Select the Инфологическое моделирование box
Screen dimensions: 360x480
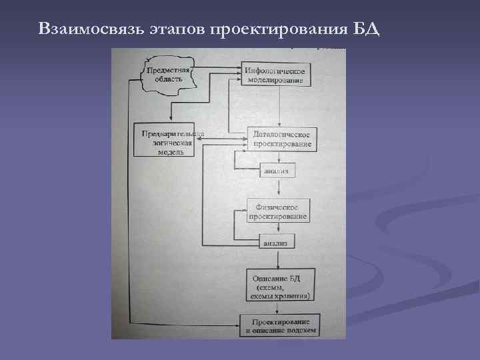(x=275, y=75)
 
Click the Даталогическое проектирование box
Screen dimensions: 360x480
(x=281, y=139)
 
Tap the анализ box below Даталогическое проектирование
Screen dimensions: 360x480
(x=276, y=171)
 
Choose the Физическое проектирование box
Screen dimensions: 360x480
(x=277, y=211)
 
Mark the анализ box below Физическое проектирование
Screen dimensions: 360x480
(x=275, y=243)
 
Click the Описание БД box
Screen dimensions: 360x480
(x=280, y=285)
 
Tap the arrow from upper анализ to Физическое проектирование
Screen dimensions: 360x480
(x=275, y=189)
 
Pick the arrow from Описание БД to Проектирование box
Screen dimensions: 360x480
(x=275, y=307)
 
